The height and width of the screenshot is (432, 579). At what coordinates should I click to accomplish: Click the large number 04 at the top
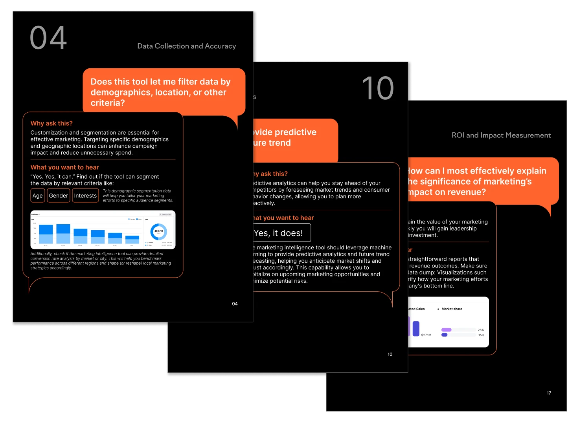48,38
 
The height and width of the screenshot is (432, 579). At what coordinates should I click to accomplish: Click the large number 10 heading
377,88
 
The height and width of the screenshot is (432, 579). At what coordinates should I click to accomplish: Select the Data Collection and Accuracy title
186,46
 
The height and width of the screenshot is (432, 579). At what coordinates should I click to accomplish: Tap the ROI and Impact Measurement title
501,135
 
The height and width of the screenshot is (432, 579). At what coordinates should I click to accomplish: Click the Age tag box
38,196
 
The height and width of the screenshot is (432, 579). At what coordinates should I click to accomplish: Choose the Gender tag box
59,196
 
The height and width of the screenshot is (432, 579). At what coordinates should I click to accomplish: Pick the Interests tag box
85,196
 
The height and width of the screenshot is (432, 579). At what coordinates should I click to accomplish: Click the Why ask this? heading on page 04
51,123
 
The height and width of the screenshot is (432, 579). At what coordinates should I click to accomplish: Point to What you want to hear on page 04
65,167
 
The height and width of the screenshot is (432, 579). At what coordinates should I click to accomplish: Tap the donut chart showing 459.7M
158,231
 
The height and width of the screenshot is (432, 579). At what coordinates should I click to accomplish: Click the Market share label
452,309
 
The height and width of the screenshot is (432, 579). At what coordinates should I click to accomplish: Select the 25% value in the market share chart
481,330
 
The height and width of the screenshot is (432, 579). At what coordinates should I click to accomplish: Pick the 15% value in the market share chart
481,335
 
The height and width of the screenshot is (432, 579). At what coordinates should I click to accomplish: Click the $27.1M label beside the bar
426,335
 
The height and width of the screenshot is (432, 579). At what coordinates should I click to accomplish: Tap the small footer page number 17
549,393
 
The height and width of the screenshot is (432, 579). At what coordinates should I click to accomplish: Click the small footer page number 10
390,354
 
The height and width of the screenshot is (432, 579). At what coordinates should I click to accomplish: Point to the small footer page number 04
235,304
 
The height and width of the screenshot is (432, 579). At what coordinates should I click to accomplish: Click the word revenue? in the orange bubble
467,192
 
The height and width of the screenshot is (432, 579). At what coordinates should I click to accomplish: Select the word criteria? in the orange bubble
108,103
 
